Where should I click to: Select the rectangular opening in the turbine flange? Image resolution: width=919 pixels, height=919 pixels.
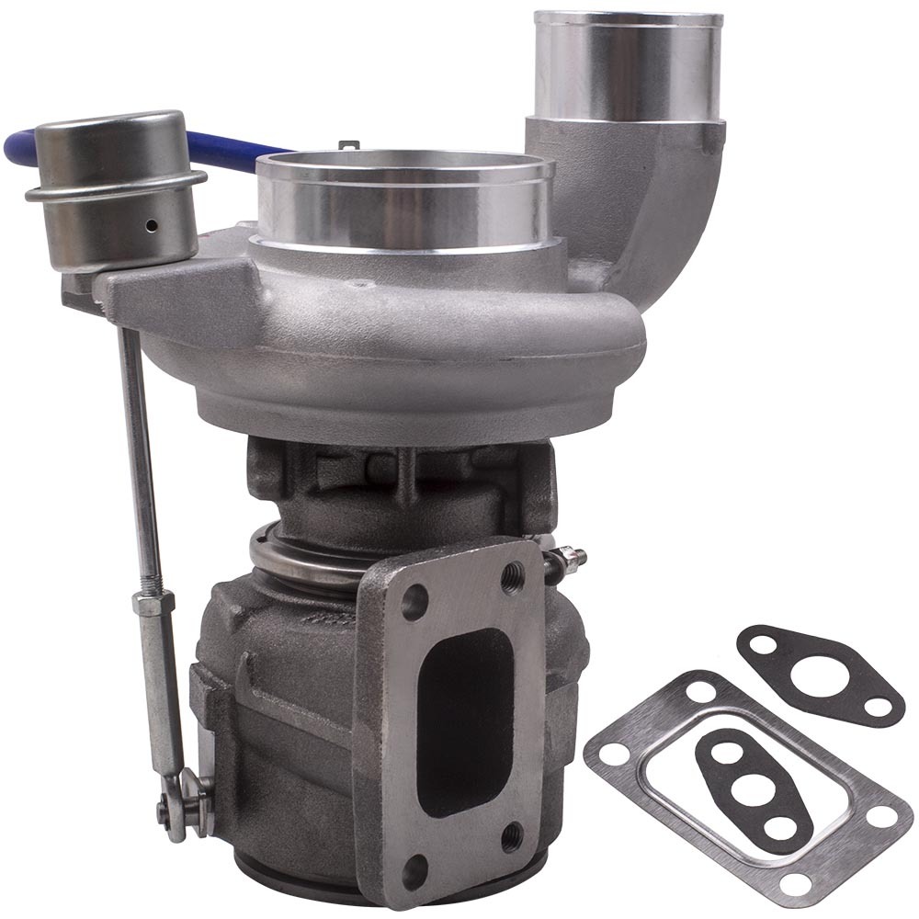(x=464, y=708)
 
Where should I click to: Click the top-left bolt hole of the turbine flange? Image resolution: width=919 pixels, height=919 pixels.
(x=414, y=603)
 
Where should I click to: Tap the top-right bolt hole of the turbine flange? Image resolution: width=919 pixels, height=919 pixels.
(x=513, y=577)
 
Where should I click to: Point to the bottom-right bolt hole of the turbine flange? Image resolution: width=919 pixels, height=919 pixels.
(x=513, y=835)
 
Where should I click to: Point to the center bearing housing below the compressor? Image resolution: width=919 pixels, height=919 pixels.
(x=404, y=478)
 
